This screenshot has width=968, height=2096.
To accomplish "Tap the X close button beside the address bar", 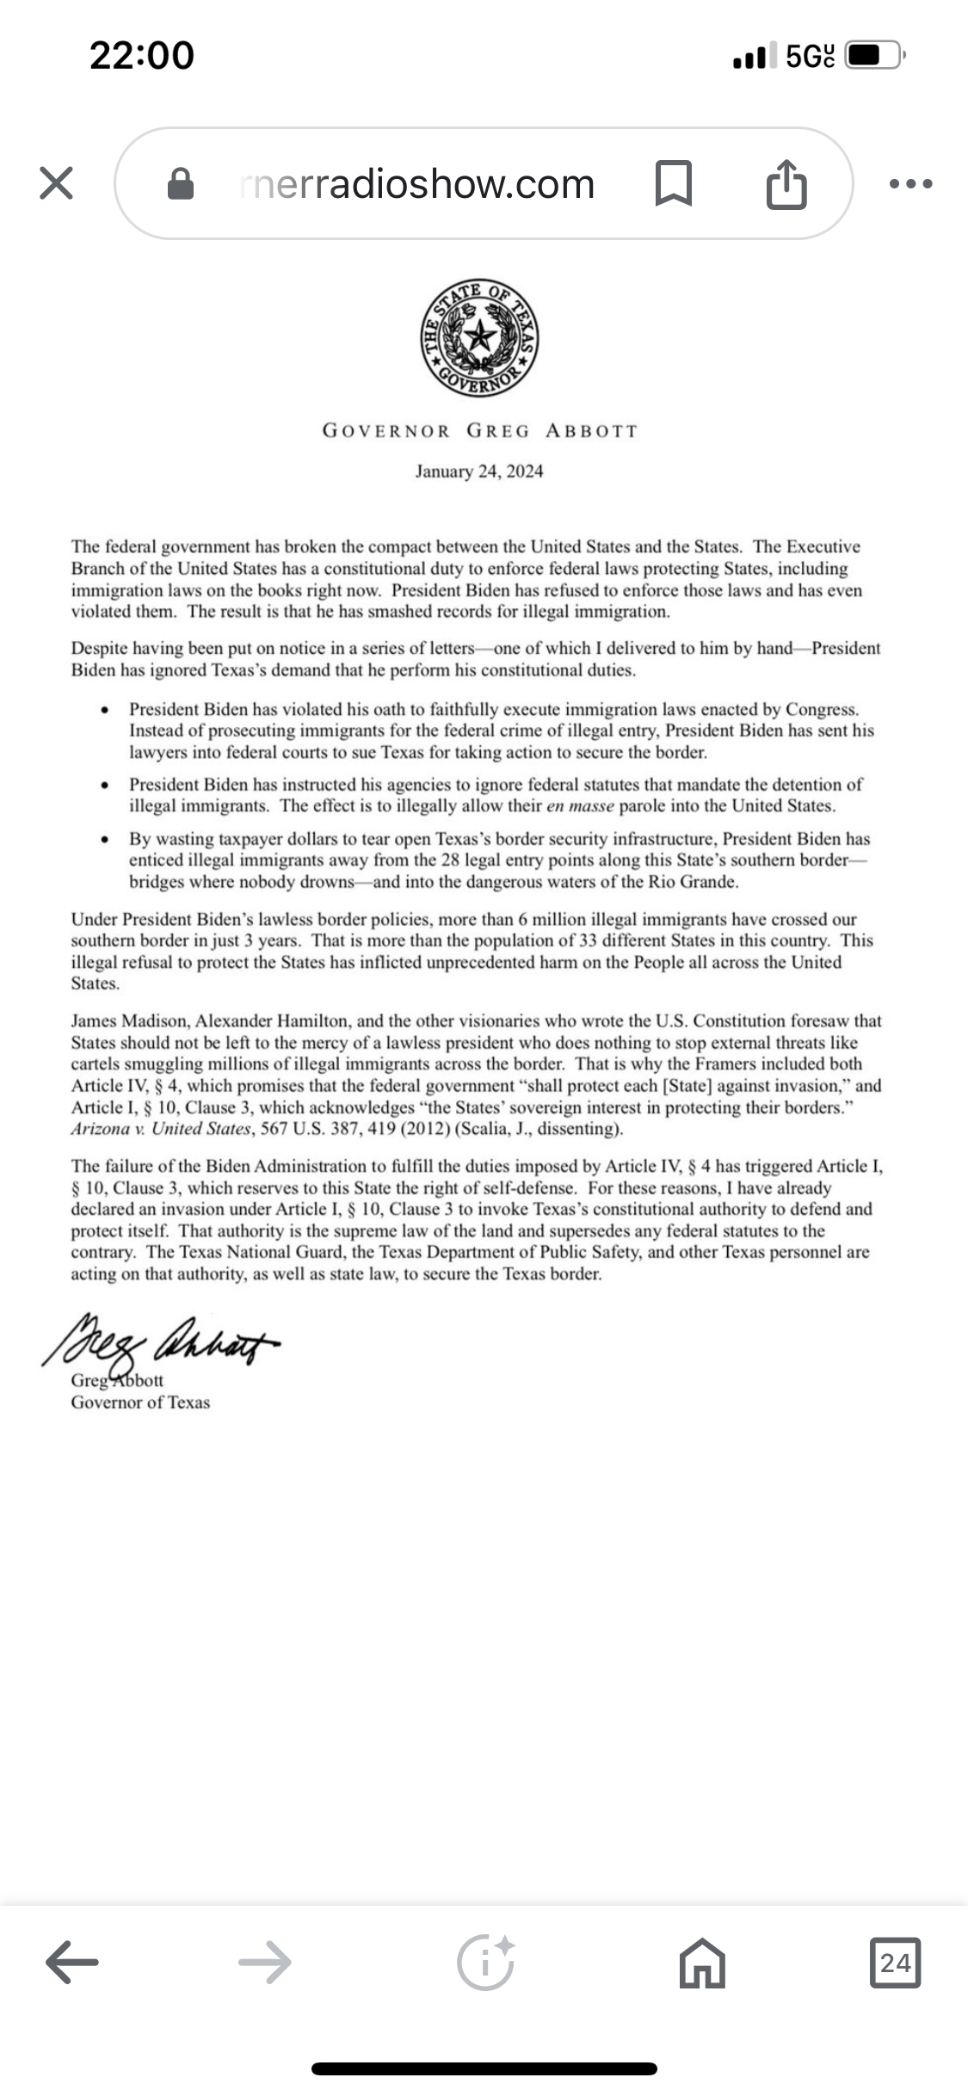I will click(57, 183).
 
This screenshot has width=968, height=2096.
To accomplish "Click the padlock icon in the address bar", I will click(180, 183).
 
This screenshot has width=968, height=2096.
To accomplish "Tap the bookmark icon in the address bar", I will click(673, 183).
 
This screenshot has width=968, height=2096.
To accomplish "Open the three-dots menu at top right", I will click(911, 183).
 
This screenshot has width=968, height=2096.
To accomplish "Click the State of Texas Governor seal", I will click(480, 338).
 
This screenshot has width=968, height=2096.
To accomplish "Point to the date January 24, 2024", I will click(479, 472).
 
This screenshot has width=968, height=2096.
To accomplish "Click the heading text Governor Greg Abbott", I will click(480, 431).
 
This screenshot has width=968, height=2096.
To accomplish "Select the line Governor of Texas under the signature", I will click(140, 1402).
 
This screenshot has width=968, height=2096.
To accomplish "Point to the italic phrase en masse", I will click(580, 806).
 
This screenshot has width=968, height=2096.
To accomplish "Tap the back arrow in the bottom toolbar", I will click(72, 1963).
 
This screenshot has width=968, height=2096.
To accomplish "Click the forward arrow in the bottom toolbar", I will click(264, 1963).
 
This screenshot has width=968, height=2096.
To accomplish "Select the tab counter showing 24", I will click(895, 1963).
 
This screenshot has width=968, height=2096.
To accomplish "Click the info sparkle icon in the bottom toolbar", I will click(485, 1963).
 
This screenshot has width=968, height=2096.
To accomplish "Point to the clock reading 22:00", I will click(142, 56).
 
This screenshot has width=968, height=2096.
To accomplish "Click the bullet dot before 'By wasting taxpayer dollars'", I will click(105, 839).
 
